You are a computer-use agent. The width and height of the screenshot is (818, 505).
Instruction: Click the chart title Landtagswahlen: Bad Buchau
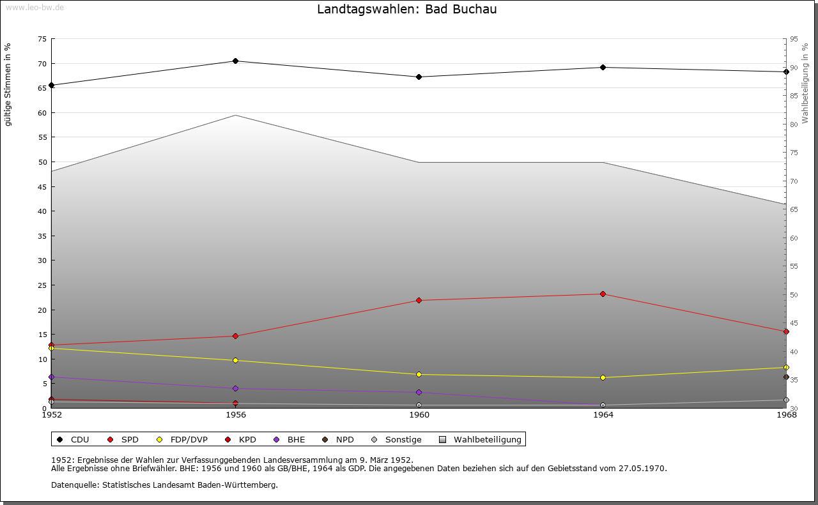406,10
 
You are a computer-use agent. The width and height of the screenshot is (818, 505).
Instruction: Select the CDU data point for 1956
235,61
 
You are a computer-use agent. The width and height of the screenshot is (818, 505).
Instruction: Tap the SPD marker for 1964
603,294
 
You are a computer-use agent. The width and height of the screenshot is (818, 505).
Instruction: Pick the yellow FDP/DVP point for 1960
419,375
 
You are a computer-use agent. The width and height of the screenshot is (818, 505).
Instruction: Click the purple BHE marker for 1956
235,389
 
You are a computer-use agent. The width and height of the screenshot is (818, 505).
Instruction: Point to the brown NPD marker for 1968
786,377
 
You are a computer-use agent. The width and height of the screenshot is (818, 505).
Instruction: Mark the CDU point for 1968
786,72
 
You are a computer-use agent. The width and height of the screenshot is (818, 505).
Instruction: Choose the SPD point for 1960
419,301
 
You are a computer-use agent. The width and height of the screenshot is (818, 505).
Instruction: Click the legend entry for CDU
73,440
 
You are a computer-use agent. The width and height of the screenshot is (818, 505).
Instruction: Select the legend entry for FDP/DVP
180,440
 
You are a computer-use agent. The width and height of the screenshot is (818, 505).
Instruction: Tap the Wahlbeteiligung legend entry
481,440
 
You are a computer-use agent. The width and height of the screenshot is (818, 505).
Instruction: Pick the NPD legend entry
338,440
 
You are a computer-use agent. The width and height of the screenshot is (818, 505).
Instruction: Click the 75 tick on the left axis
42,39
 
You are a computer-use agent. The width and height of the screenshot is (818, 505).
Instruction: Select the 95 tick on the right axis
794,39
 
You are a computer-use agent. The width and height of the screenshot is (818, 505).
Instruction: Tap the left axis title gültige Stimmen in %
8,85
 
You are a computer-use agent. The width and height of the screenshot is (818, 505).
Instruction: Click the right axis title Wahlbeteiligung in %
805,84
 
